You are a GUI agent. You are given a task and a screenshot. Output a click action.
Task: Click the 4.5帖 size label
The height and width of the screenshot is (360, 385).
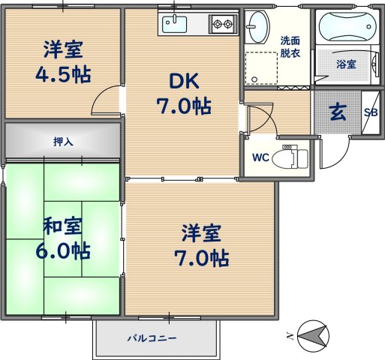pyautogui.click(x=63, y=76)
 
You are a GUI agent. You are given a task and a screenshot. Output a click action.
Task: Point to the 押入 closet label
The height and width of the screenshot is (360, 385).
pyautogui.click(x=63, y=141)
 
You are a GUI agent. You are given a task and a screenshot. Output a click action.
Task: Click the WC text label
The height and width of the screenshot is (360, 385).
pyautogui.click(x=260, y=157)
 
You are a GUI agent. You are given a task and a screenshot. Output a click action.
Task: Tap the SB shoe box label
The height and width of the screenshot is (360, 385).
pyautogui.click(x=371, y=112)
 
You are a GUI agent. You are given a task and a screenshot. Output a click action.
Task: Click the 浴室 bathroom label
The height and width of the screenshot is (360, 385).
pyautogui.click(x=346, y=65)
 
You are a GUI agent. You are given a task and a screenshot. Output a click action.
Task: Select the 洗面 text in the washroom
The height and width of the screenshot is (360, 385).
pyautogui.click(x=290, y=40)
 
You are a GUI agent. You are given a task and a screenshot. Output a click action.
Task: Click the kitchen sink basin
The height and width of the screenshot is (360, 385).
pyautogui.click(x=174, y=24)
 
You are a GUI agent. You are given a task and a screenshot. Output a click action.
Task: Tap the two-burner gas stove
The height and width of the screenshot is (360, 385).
pyautogui.click(x=223, y=24)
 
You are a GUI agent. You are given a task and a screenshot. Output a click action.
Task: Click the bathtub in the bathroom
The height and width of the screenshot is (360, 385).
pyautogui.click(x=346, y=28)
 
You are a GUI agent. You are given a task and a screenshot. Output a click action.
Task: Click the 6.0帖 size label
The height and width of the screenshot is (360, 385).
pyautogui.click(x=63, y=251)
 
